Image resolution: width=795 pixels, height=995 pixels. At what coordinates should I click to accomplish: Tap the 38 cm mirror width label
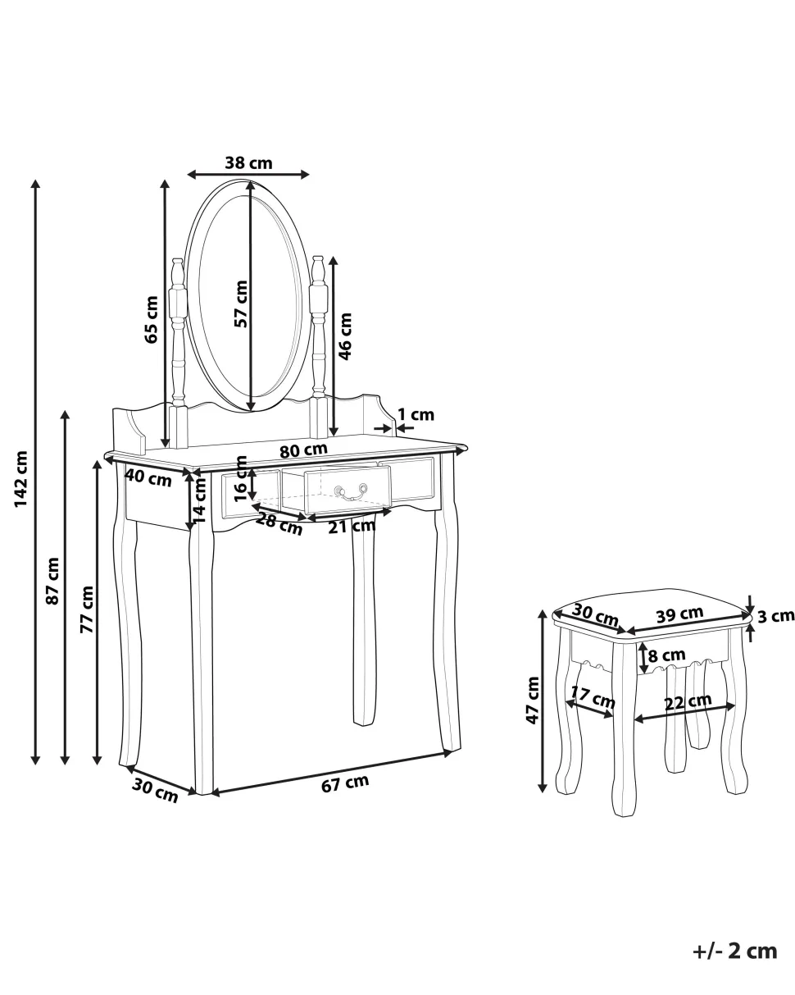click(248, 163)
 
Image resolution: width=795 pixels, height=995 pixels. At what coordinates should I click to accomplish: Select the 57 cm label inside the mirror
click(241, 304)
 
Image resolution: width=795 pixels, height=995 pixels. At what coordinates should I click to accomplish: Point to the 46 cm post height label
click(345, 336)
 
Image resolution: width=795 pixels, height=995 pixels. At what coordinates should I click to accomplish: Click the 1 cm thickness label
click(416, 415)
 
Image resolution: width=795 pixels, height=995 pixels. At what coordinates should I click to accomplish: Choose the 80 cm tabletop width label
click(303, 450)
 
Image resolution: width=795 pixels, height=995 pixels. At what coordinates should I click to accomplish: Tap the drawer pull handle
click(351, 492)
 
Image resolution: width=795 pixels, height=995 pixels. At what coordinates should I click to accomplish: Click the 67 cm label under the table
click(345, 783)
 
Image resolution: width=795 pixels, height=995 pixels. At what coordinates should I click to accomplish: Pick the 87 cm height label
click(52, 581)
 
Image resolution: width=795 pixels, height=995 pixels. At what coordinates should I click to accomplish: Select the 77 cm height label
click(87, 609)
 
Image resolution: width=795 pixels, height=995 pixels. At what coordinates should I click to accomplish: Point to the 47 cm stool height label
click(533, 701)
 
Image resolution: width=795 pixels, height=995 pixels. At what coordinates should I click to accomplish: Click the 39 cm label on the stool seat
click(679, 615)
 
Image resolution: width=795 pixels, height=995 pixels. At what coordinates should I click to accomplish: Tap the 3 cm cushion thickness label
click(775, 616)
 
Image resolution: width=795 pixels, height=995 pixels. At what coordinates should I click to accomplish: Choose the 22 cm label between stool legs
click(688, 703)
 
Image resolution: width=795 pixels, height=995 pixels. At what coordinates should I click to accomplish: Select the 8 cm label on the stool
click(666, 655)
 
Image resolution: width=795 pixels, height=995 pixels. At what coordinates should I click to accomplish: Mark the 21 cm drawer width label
click(352, 527)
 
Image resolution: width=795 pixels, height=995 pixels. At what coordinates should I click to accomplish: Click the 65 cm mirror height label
click(152, 319)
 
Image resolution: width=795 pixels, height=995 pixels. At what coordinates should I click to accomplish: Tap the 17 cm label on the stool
click(593, 698)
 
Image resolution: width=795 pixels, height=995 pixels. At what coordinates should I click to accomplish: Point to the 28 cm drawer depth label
click(279, 524)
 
